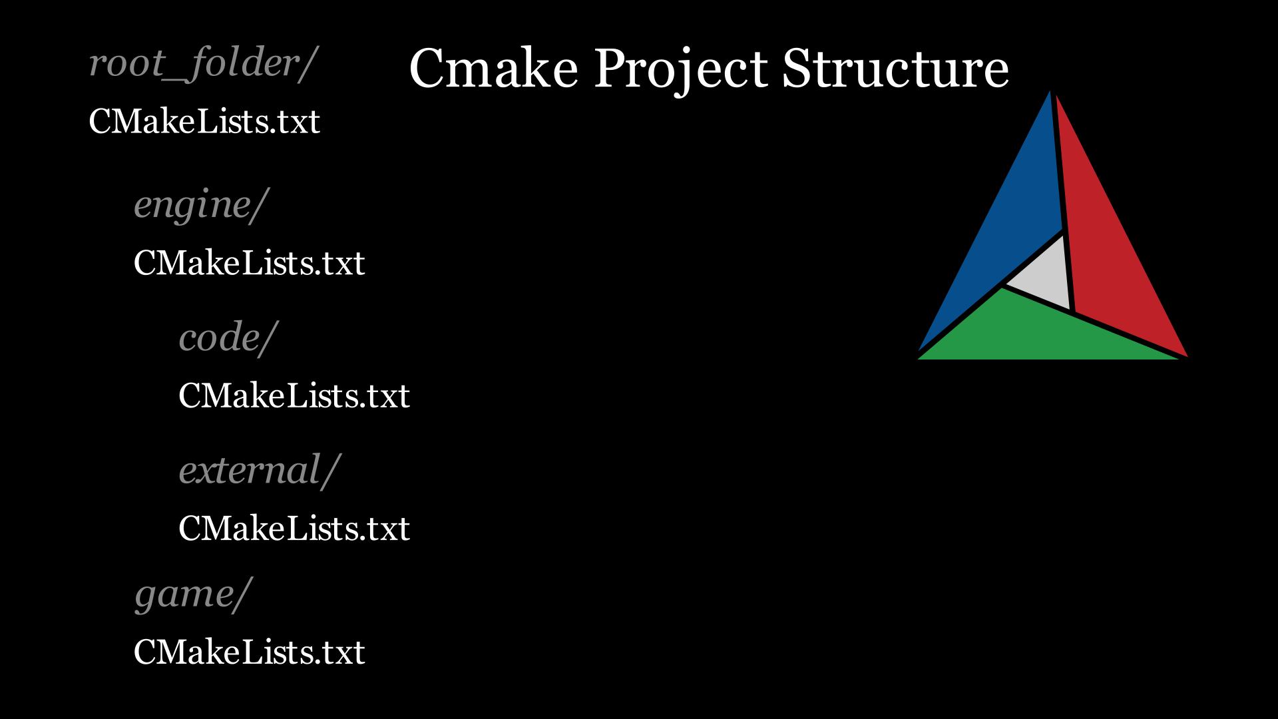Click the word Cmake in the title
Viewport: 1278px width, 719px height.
click(493, 68)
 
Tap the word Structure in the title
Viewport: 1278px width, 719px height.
click(895, 68)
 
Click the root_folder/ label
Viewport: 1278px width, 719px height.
click(203, 64)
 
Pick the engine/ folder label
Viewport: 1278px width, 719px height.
click(201, 205)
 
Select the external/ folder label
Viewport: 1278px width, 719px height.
click(260, 471)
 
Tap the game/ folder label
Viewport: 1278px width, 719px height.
click(193, 595)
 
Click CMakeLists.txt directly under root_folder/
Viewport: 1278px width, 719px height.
click(204, 121)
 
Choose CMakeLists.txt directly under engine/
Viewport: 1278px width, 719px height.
click(249, 263)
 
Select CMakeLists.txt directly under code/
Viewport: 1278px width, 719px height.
click(294, 395)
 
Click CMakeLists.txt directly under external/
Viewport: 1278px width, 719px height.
click(294, 529)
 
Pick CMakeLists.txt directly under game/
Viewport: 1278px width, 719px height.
click(249, 652)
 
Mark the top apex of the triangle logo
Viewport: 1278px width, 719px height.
click(1050, 91)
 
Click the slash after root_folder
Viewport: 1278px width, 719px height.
click(308, 64)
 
